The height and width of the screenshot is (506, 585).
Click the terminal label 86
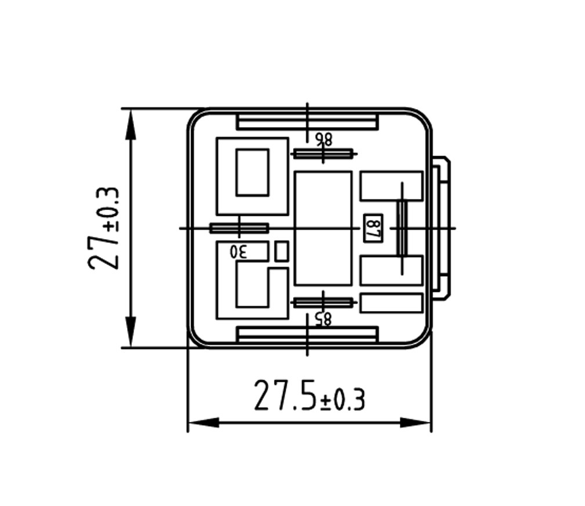click(x=323, y=139)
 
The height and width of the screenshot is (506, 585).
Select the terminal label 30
click(x=239, y=252)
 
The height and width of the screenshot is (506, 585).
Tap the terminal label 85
click(x=323, y=317)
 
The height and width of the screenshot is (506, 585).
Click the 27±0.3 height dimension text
click(x=104, y=228)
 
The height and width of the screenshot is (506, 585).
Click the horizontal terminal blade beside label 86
click(x=323, y=153)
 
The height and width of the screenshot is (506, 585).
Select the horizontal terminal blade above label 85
click(x=323, y=302)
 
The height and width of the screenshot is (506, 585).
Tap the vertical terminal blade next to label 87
click(x=401, y=227)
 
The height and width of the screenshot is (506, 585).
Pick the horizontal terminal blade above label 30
click(x=239, y=227)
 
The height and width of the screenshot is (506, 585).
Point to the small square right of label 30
click(x=281, y=251)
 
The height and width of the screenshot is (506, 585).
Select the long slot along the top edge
click(x=308, y=122)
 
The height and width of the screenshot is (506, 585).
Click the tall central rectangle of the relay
click(x=323, y=228)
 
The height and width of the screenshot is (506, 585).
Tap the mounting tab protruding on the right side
click(x=442, y=228)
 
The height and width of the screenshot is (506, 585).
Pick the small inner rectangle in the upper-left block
click(x=252, y=172)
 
